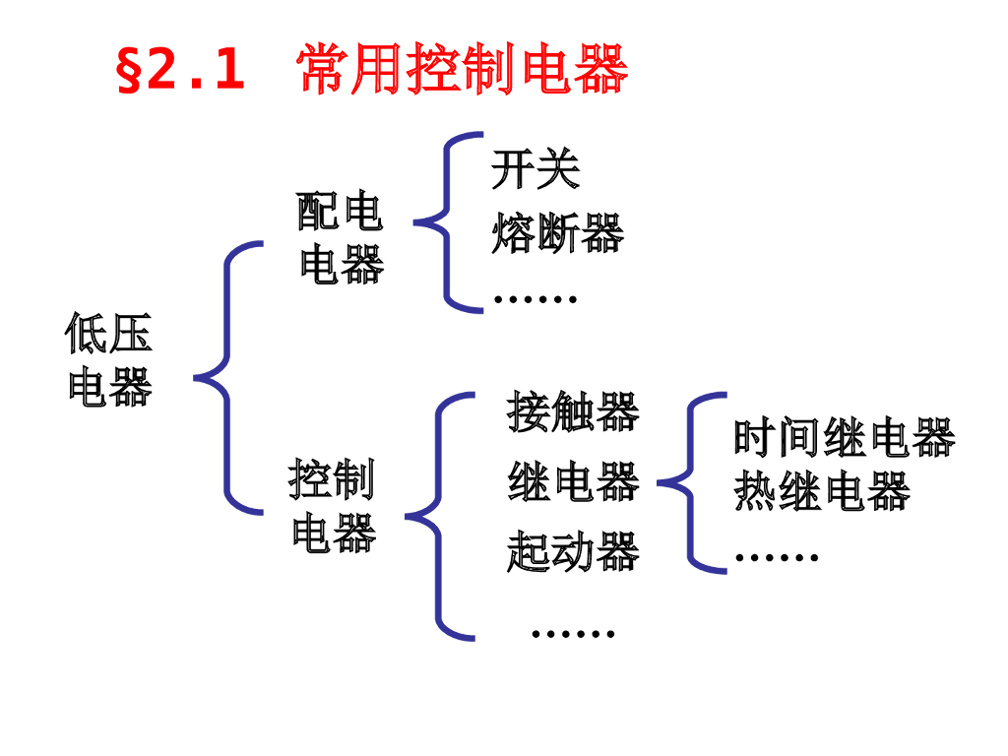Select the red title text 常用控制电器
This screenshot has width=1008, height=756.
pos(462,70)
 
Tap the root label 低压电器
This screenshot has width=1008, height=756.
pos(109,358)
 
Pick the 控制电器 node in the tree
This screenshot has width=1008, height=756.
pos(333,505)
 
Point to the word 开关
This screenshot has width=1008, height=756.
pos(535,169)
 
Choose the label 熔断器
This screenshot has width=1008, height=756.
pos(557,234)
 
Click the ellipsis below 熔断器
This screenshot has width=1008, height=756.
pos(535,297)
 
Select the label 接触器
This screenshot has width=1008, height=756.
pos(573,412)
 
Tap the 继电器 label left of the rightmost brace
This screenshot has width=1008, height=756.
pos(573,482)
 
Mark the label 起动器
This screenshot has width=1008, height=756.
pos(573,551)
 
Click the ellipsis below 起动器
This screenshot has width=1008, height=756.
pos(573,632)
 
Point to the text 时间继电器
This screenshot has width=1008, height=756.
pos(844,438)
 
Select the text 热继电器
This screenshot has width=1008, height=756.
pos(821,491)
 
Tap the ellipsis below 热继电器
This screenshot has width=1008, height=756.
pos(777,557)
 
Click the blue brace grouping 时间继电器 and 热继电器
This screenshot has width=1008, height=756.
pos(692,482)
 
